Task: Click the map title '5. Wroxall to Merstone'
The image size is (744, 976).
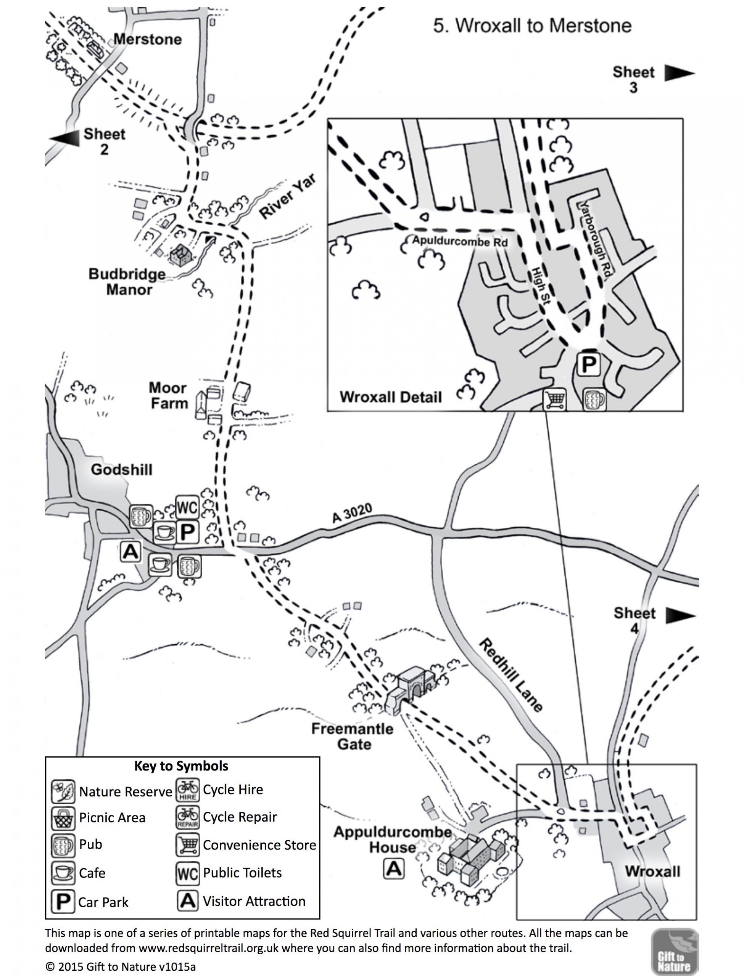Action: click(532, 26)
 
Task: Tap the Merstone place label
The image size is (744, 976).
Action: click(148, 39)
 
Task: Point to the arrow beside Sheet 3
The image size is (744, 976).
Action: click(679, 73)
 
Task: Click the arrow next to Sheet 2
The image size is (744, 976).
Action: click(64, 138)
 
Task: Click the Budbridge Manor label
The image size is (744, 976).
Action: click(127, 282)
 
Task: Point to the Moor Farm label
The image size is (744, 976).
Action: click(168, 395)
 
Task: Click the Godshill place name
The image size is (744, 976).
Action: click(121, 469)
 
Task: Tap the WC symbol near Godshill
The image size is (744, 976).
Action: click(187, 507)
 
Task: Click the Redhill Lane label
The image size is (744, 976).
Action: click(511, 675)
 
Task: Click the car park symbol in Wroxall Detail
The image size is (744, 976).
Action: click(589, 364)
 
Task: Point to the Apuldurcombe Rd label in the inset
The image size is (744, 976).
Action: click(460, 242)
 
